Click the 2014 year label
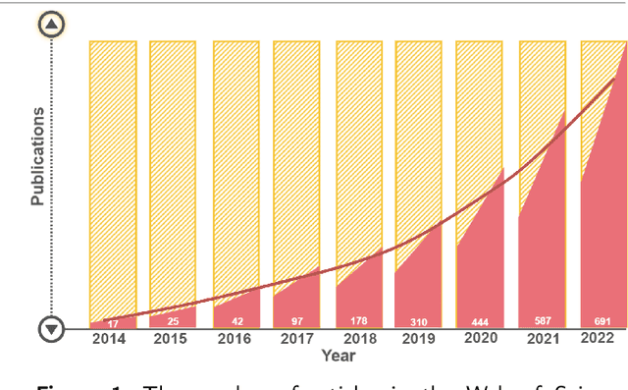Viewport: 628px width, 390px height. pos(110,338)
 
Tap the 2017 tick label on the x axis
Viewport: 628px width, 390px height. pos(295,338)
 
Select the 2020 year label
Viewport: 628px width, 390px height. pos(480,338)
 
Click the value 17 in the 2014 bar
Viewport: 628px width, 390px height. pos(113,322)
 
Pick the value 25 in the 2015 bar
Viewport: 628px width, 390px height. pos(173,322)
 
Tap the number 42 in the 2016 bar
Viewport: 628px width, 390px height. pos(235,322)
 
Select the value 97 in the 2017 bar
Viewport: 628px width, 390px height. pos(296,322)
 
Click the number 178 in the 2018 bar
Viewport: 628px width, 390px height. pos(358,322)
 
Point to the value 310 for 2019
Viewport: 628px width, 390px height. pos(420,322)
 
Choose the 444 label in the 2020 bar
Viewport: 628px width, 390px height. pos(481,322)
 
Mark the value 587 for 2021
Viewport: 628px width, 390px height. pos(543,322)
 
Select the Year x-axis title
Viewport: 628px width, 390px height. pos(339,355)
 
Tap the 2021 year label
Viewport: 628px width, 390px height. pos(542,338)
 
